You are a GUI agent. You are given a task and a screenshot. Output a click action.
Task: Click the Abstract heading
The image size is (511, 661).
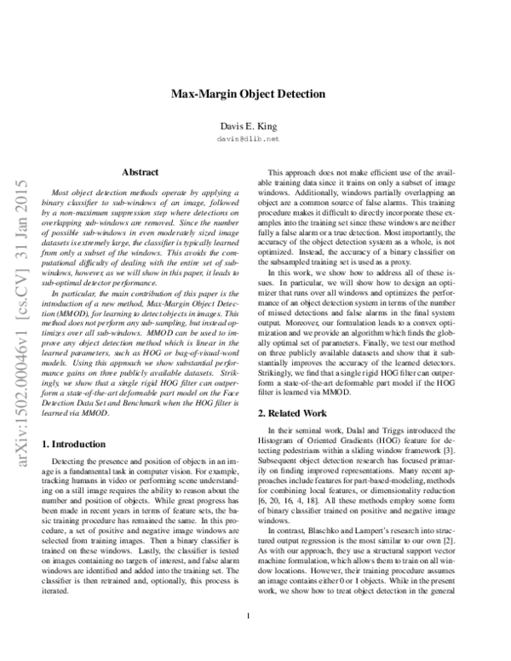[140, 172]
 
